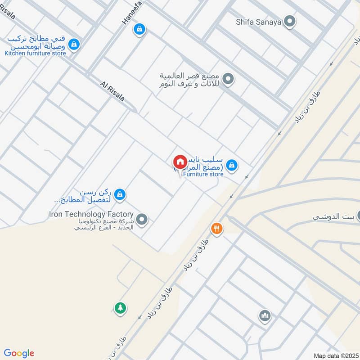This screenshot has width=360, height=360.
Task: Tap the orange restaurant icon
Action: (x=217, y=228)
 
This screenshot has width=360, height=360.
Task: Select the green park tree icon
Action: (x=120, y=308)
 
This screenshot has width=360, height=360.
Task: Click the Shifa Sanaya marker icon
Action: (x=290, y=21)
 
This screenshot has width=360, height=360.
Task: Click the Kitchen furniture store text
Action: (x=35, y=53)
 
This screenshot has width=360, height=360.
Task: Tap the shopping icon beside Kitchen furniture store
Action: (x=75, y=44)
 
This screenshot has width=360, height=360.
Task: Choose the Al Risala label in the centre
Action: (x=112, y=91)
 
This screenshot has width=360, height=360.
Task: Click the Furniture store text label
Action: (x=203, y=174)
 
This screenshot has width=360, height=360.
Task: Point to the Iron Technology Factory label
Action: (x=91, y=214)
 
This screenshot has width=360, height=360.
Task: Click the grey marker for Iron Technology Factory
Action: (x=142, y=220)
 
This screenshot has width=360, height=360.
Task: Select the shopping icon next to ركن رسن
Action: (x=119, y=194)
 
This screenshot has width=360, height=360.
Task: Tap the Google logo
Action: (x=19, y=353)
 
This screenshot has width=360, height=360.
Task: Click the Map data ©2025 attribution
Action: (x=335, y=355)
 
